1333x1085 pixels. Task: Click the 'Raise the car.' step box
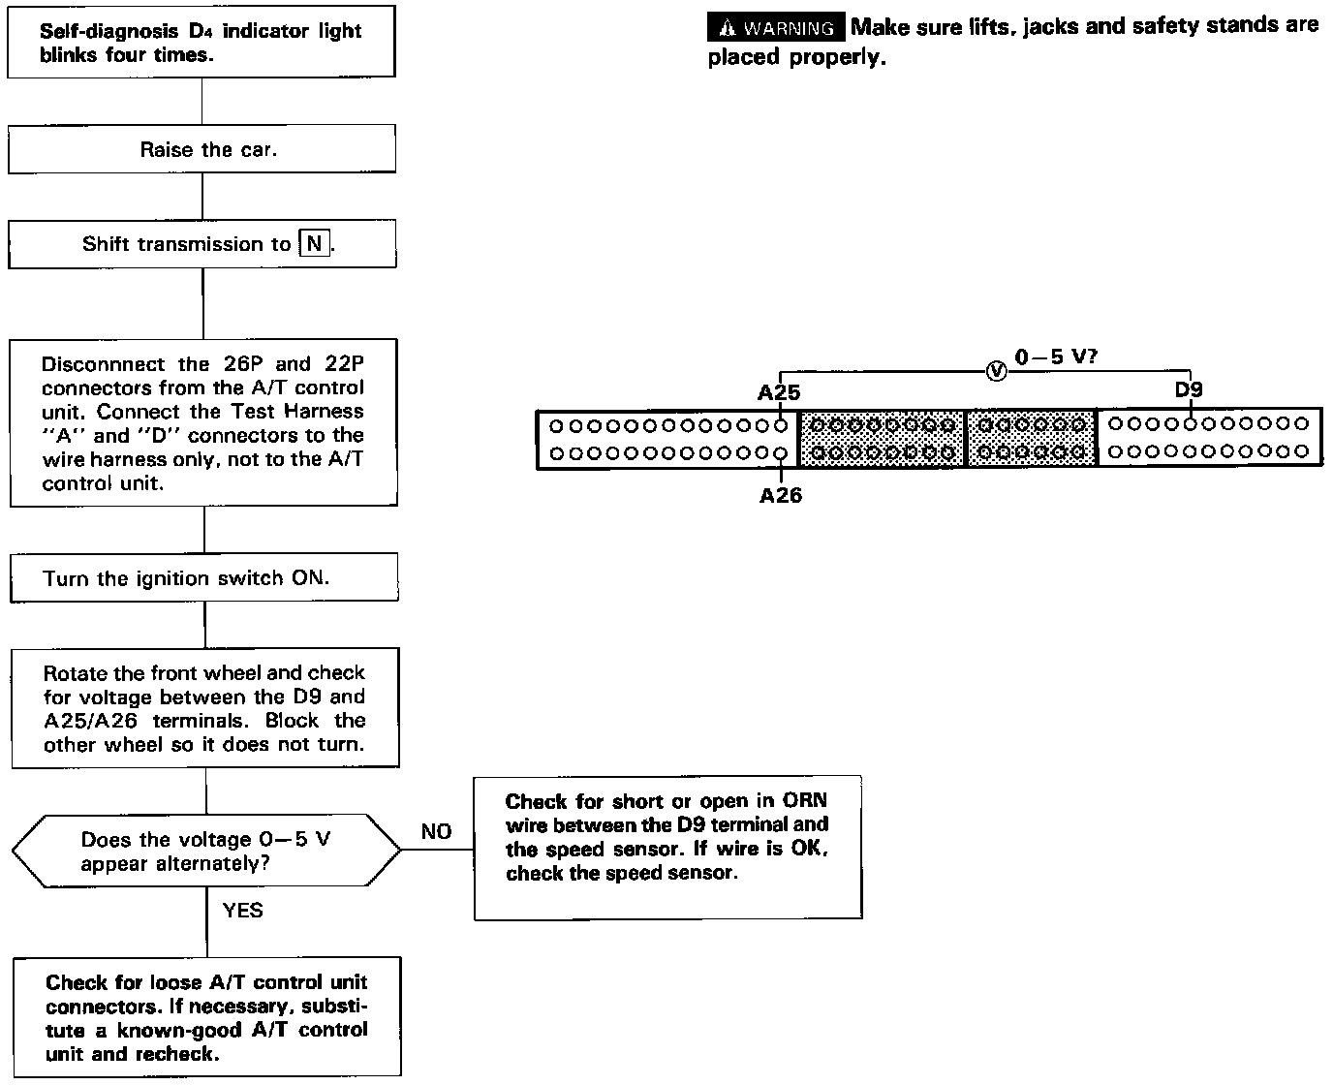(x=201, y=149)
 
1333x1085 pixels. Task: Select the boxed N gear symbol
(x=314, y=243)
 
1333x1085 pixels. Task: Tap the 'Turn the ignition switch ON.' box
(x=203, y=577)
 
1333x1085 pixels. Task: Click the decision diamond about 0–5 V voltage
(x=205, y=850)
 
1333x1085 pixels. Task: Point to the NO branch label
(x=436, y=831)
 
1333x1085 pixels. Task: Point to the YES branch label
(x=242, y=910)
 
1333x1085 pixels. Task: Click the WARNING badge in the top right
(x=776, y=27)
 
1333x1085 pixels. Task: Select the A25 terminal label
(x=779, y=392)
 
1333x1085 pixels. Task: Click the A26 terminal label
(x=780, y=495)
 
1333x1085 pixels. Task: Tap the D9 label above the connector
(x=1189, y=389)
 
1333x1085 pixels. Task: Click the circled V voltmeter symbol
(x=995, y=370)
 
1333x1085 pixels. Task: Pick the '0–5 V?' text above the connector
(x=1056, y=356)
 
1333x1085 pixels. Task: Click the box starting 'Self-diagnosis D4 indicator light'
(x=201, y=43)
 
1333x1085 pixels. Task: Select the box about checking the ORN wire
(x=667, y=847)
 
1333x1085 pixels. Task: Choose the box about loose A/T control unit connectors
(x=206, y=1016)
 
